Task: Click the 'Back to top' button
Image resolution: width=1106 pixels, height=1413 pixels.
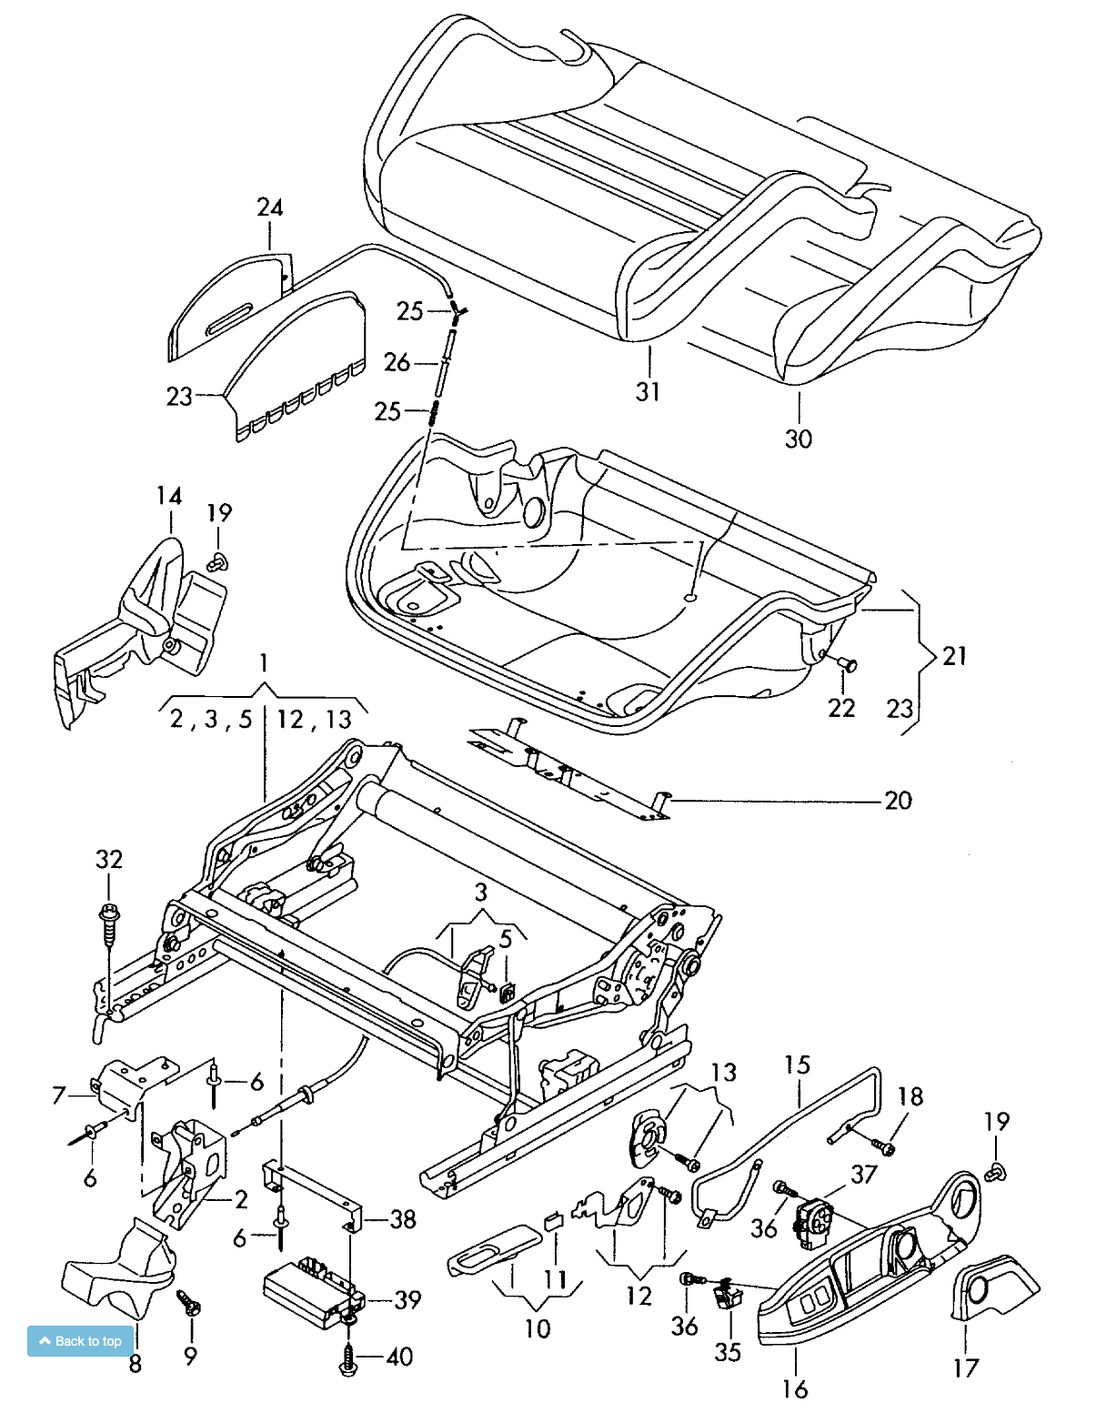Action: click(81, 1341)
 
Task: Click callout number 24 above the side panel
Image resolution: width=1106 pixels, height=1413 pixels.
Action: click(270, 207)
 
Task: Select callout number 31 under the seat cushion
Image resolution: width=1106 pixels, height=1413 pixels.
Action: click(648, 392)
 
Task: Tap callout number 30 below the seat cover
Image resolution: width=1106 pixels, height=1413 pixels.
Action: click(798, 439)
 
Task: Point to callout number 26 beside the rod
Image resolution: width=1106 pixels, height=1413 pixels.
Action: click(397, 362)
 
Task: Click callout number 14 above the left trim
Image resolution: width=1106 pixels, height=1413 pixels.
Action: click(169, 496)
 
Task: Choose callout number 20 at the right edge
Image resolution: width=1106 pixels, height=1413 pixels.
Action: click(898, 801)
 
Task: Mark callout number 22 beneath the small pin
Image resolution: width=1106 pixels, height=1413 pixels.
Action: click(841, 707)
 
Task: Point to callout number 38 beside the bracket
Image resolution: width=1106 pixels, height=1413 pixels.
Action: click(403, 1218)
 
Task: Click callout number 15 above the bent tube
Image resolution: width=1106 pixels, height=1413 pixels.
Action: click(797, 1065)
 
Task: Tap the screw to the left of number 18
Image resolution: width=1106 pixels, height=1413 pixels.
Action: click(881, 1147)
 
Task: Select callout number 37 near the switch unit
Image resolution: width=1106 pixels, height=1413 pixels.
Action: click(863, 1174)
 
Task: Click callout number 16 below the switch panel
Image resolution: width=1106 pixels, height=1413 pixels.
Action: click(795, 1388)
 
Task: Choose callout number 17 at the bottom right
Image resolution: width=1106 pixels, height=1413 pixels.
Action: click(966, 1368)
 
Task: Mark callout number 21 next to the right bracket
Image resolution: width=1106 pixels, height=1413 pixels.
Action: click(954, 656)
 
